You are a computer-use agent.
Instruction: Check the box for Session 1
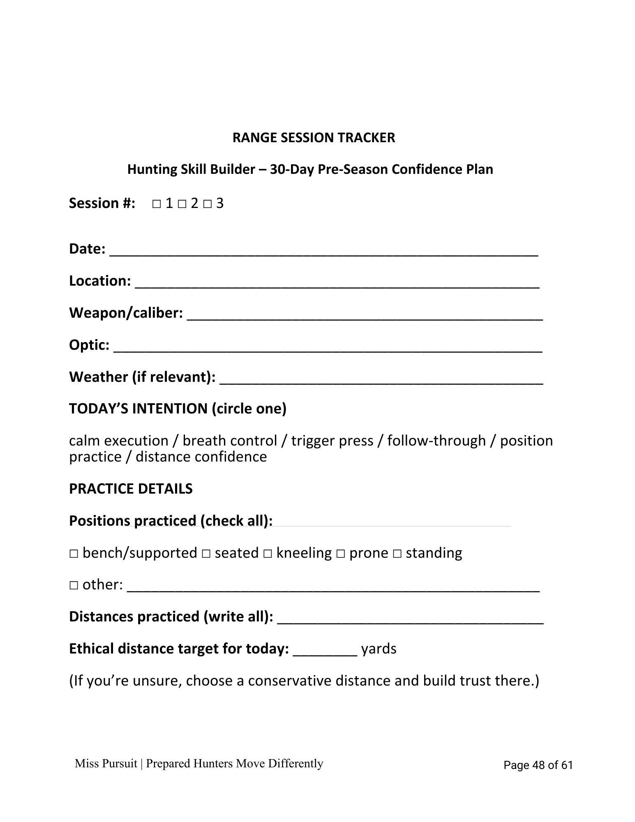click(157, 204)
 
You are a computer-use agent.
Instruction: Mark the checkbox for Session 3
click(208, 204)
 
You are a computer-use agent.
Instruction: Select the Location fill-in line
click(337, 284)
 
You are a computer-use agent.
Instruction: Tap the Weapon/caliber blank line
click(365, 316)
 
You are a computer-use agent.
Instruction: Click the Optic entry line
click(328, 348)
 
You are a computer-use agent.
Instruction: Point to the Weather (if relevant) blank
click(381, 380)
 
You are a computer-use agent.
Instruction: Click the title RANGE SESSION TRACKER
click(314, 138)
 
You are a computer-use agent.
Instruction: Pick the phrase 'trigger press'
click(332, 441)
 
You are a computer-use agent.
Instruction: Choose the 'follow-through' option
click(436, 441)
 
